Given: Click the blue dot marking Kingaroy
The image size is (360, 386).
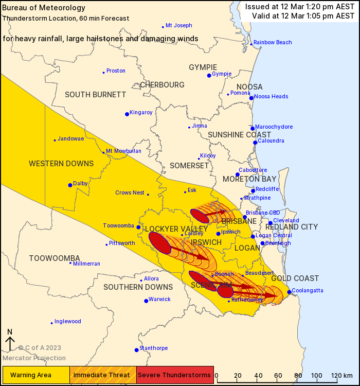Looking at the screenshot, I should pos(127,114).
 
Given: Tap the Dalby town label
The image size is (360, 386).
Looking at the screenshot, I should pos(80,183).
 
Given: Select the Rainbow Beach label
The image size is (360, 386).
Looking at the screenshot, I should pos(272,43).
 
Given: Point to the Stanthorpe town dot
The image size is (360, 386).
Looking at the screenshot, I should pos(137,350).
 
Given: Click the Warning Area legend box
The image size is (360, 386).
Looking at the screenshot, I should pos(35,374).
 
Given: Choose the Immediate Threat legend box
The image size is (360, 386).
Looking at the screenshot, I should pos(103,374).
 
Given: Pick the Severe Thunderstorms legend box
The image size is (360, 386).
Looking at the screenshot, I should pos(174,374).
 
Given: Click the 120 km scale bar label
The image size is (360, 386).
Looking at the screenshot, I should pos(339,375).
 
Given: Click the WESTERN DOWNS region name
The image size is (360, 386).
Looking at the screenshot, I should pos(61,164).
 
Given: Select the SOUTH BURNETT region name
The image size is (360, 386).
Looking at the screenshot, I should pos(95,95).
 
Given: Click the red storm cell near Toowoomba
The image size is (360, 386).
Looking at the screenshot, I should pos(159,243).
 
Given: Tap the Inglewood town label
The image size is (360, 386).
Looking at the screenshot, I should pos(68,322).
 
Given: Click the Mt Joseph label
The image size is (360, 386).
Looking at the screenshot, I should pos(178,26).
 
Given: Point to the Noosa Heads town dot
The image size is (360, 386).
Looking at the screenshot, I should pos(251,98).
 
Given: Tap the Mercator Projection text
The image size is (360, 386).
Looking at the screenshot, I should pos(34,358).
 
